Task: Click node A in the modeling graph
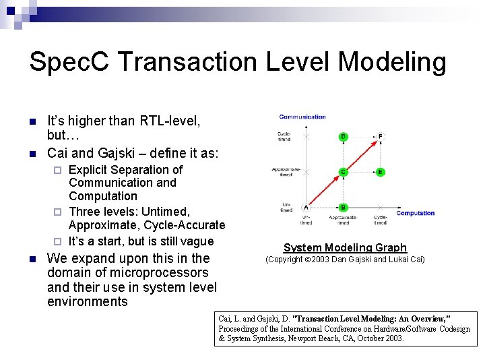tap(306, 208)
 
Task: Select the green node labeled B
tap(343, 208)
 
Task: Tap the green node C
tap(343, 172)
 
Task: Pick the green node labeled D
tap(343, 137)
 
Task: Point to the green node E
tap(380, 172)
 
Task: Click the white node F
tap(381, 137)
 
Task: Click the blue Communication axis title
tap(302, 117)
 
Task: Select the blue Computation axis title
tap(415, 213)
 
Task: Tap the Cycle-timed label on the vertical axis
tap(284, 137)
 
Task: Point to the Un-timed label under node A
tap(306, 220)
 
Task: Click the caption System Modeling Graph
tap(345, 247)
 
